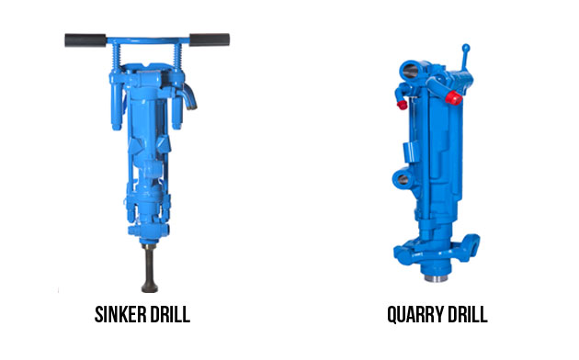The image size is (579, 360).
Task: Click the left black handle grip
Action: click(85, 40)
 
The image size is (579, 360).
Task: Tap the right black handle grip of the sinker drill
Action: click(210, 39)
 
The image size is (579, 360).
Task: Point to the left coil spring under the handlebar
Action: click(116, 56)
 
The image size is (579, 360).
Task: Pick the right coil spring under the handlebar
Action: click(177, 56)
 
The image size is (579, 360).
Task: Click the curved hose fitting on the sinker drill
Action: click(189, 96)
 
